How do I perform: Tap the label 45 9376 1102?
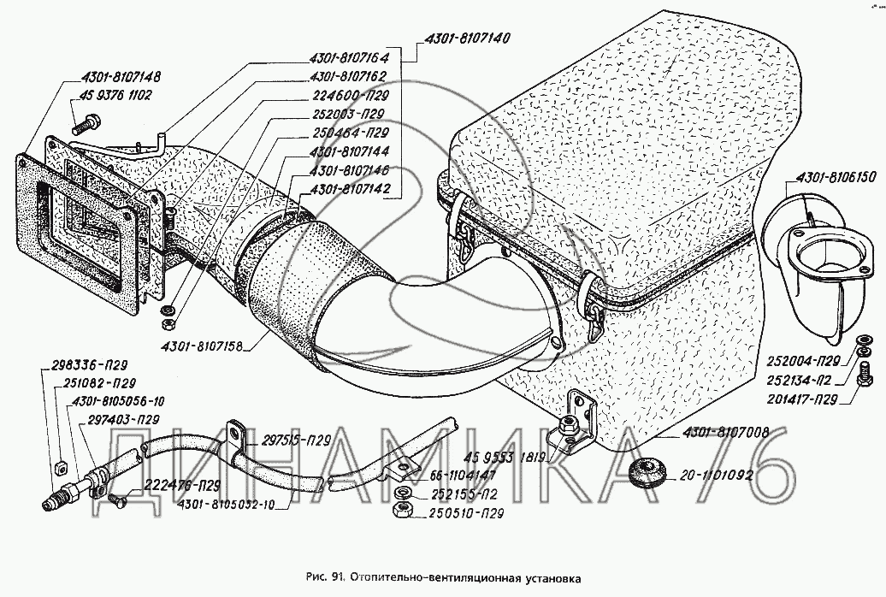115,97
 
